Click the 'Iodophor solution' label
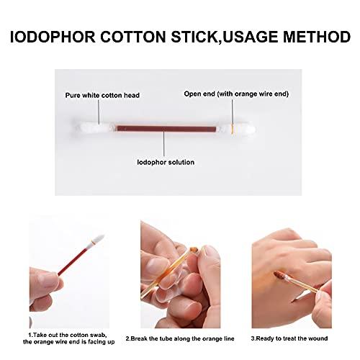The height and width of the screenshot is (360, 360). click(x=165, y=162)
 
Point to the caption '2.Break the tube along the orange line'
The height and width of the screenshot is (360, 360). click(x=177, y=337)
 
